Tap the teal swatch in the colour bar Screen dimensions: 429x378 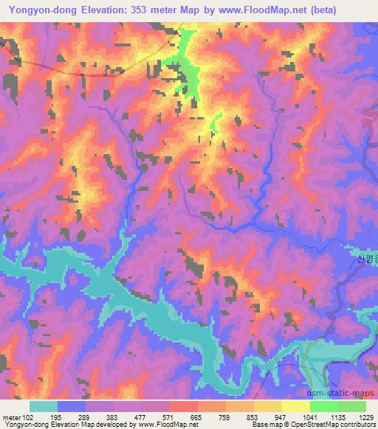[44, 406]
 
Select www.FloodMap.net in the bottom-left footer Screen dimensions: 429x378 [157, 425]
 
